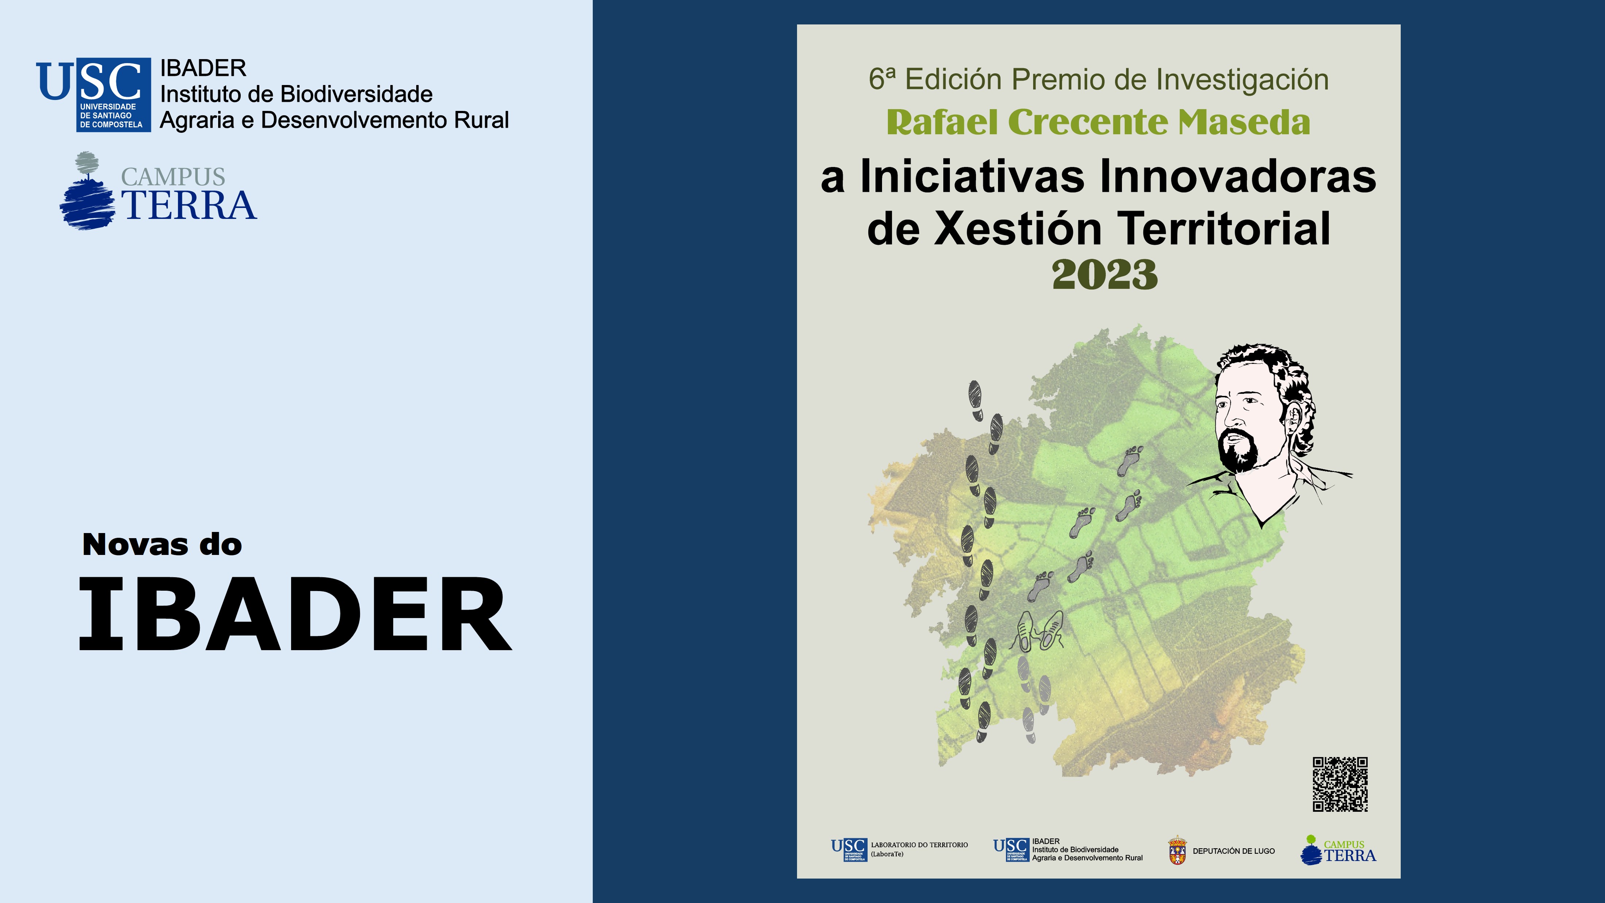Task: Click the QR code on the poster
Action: pyautogui.click(x=1339, y=784)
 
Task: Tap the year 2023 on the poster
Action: pyautogui.click(x=1104, y=275)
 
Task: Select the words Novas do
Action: pyautogui.click(x=162, y=545)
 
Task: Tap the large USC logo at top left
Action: pyautogui.click(x=93, y=93)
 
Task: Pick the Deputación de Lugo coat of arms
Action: pyautogui.click(x=1177, y=851)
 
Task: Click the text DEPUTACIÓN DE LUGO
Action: pyautogui.click(x=1234, y=851)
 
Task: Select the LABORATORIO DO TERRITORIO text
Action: pyautogui.click(x=919, y=845)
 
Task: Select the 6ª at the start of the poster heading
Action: pyautogui.click(x=882, y=79)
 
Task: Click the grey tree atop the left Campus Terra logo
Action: pyautogui.click(x=86, y=163)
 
